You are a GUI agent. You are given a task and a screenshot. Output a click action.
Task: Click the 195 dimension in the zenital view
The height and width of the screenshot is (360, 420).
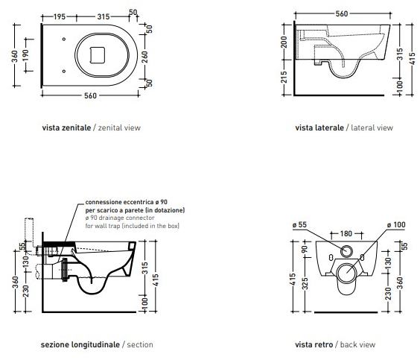point(59,16)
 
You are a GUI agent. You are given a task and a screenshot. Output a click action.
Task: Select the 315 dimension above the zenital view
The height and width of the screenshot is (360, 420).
point(104,16)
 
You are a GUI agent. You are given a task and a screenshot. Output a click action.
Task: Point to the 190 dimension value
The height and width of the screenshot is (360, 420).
point(25,55)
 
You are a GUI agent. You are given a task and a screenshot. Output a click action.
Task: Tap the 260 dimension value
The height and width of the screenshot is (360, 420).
point(144,57)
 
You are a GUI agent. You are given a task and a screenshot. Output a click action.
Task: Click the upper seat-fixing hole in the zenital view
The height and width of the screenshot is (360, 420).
point(64,40)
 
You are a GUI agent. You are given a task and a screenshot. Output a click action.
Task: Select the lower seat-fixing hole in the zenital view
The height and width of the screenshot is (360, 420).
point(64,72)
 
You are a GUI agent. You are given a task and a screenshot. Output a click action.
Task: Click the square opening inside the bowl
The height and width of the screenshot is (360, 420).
point(98,55)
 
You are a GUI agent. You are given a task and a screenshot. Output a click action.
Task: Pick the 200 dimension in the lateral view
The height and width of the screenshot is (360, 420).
point(284,42)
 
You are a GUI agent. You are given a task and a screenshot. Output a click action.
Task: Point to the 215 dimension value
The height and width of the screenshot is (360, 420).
point(284,77)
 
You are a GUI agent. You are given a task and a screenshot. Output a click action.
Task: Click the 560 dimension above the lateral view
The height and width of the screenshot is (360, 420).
point(342,13)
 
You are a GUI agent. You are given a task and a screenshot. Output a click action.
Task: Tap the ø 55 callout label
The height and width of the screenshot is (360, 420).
point(299,224)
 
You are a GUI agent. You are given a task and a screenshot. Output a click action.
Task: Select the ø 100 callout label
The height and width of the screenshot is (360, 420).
point(396,224)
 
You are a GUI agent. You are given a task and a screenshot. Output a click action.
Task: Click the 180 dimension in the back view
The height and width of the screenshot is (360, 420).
point(346,234)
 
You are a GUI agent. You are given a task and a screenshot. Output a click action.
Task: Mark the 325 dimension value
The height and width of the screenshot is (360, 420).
point(305,284)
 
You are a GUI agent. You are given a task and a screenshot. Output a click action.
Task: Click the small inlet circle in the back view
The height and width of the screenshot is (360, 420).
point(346,251)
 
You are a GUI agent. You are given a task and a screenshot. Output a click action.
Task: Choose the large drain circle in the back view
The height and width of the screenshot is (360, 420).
point(346,273)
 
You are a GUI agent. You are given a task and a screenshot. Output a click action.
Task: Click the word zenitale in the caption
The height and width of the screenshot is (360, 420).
point(76,127)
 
